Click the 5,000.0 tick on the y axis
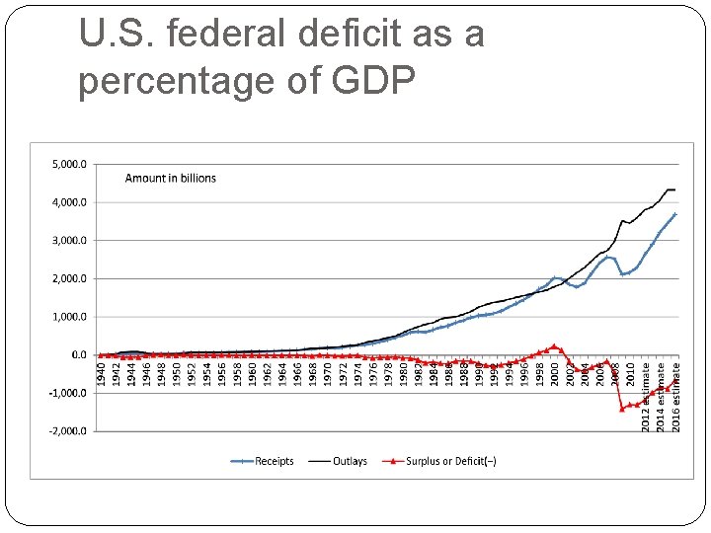pos(69,164)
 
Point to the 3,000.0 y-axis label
pos(69,240)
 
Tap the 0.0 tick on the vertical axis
pos(78,354)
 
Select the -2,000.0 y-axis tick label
pos(67,430)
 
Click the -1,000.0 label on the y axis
pos(67,393)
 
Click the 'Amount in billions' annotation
pos(170,179)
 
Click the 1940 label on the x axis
pos(101,374)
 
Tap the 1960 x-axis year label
pos(252,374)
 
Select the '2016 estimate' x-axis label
pos(676,396)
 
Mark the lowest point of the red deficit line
pos(622,409)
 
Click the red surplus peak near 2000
pos(554,345)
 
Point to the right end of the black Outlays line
pos(675,190)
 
